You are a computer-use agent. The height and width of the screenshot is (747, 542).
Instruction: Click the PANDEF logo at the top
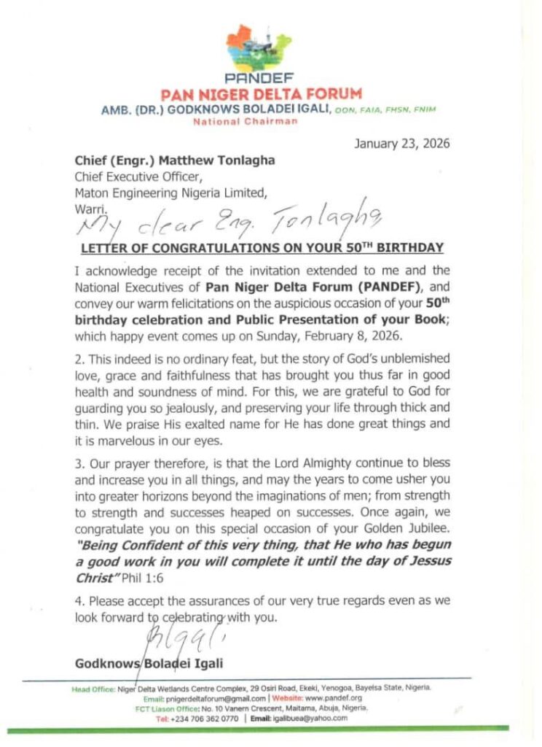click(262, 50)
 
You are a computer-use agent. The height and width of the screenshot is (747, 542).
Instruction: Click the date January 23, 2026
click(402, 143)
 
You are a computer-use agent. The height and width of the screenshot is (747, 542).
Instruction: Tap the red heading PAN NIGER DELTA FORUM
click(262, 94)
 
